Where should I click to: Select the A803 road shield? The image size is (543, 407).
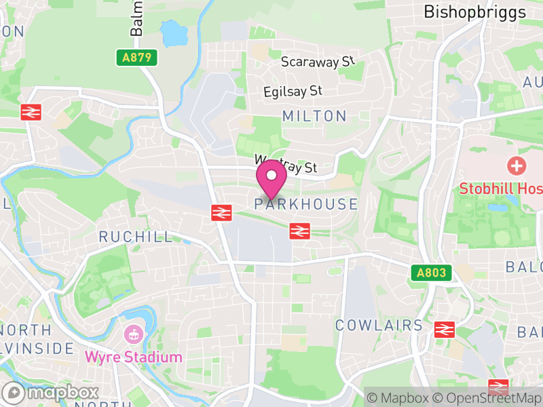coord(431,273)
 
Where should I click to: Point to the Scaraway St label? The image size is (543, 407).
coord(318,62)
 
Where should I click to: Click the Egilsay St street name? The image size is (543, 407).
coord(293,90)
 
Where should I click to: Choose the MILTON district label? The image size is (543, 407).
coord(314,116)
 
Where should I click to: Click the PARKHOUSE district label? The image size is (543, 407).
coord(306,204)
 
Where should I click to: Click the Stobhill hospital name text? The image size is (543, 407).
coord(501,189)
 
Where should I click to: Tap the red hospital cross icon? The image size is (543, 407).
coord(517,166)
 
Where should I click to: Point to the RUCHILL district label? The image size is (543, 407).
coord(136,237)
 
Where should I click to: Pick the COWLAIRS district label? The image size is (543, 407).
coord(379,325)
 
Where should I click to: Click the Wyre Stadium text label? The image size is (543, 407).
coord(133,357)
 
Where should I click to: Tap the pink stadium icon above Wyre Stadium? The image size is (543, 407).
coord(133,334)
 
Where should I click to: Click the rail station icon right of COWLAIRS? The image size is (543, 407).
coord(444,329)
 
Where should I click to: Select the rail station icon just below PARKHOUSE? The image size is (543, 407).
coord(299,231)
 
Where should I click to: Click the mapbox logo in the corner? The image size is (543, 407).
coord(51,393)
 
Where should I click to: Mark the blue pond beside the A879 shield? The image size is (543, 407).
coord(173,31)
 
